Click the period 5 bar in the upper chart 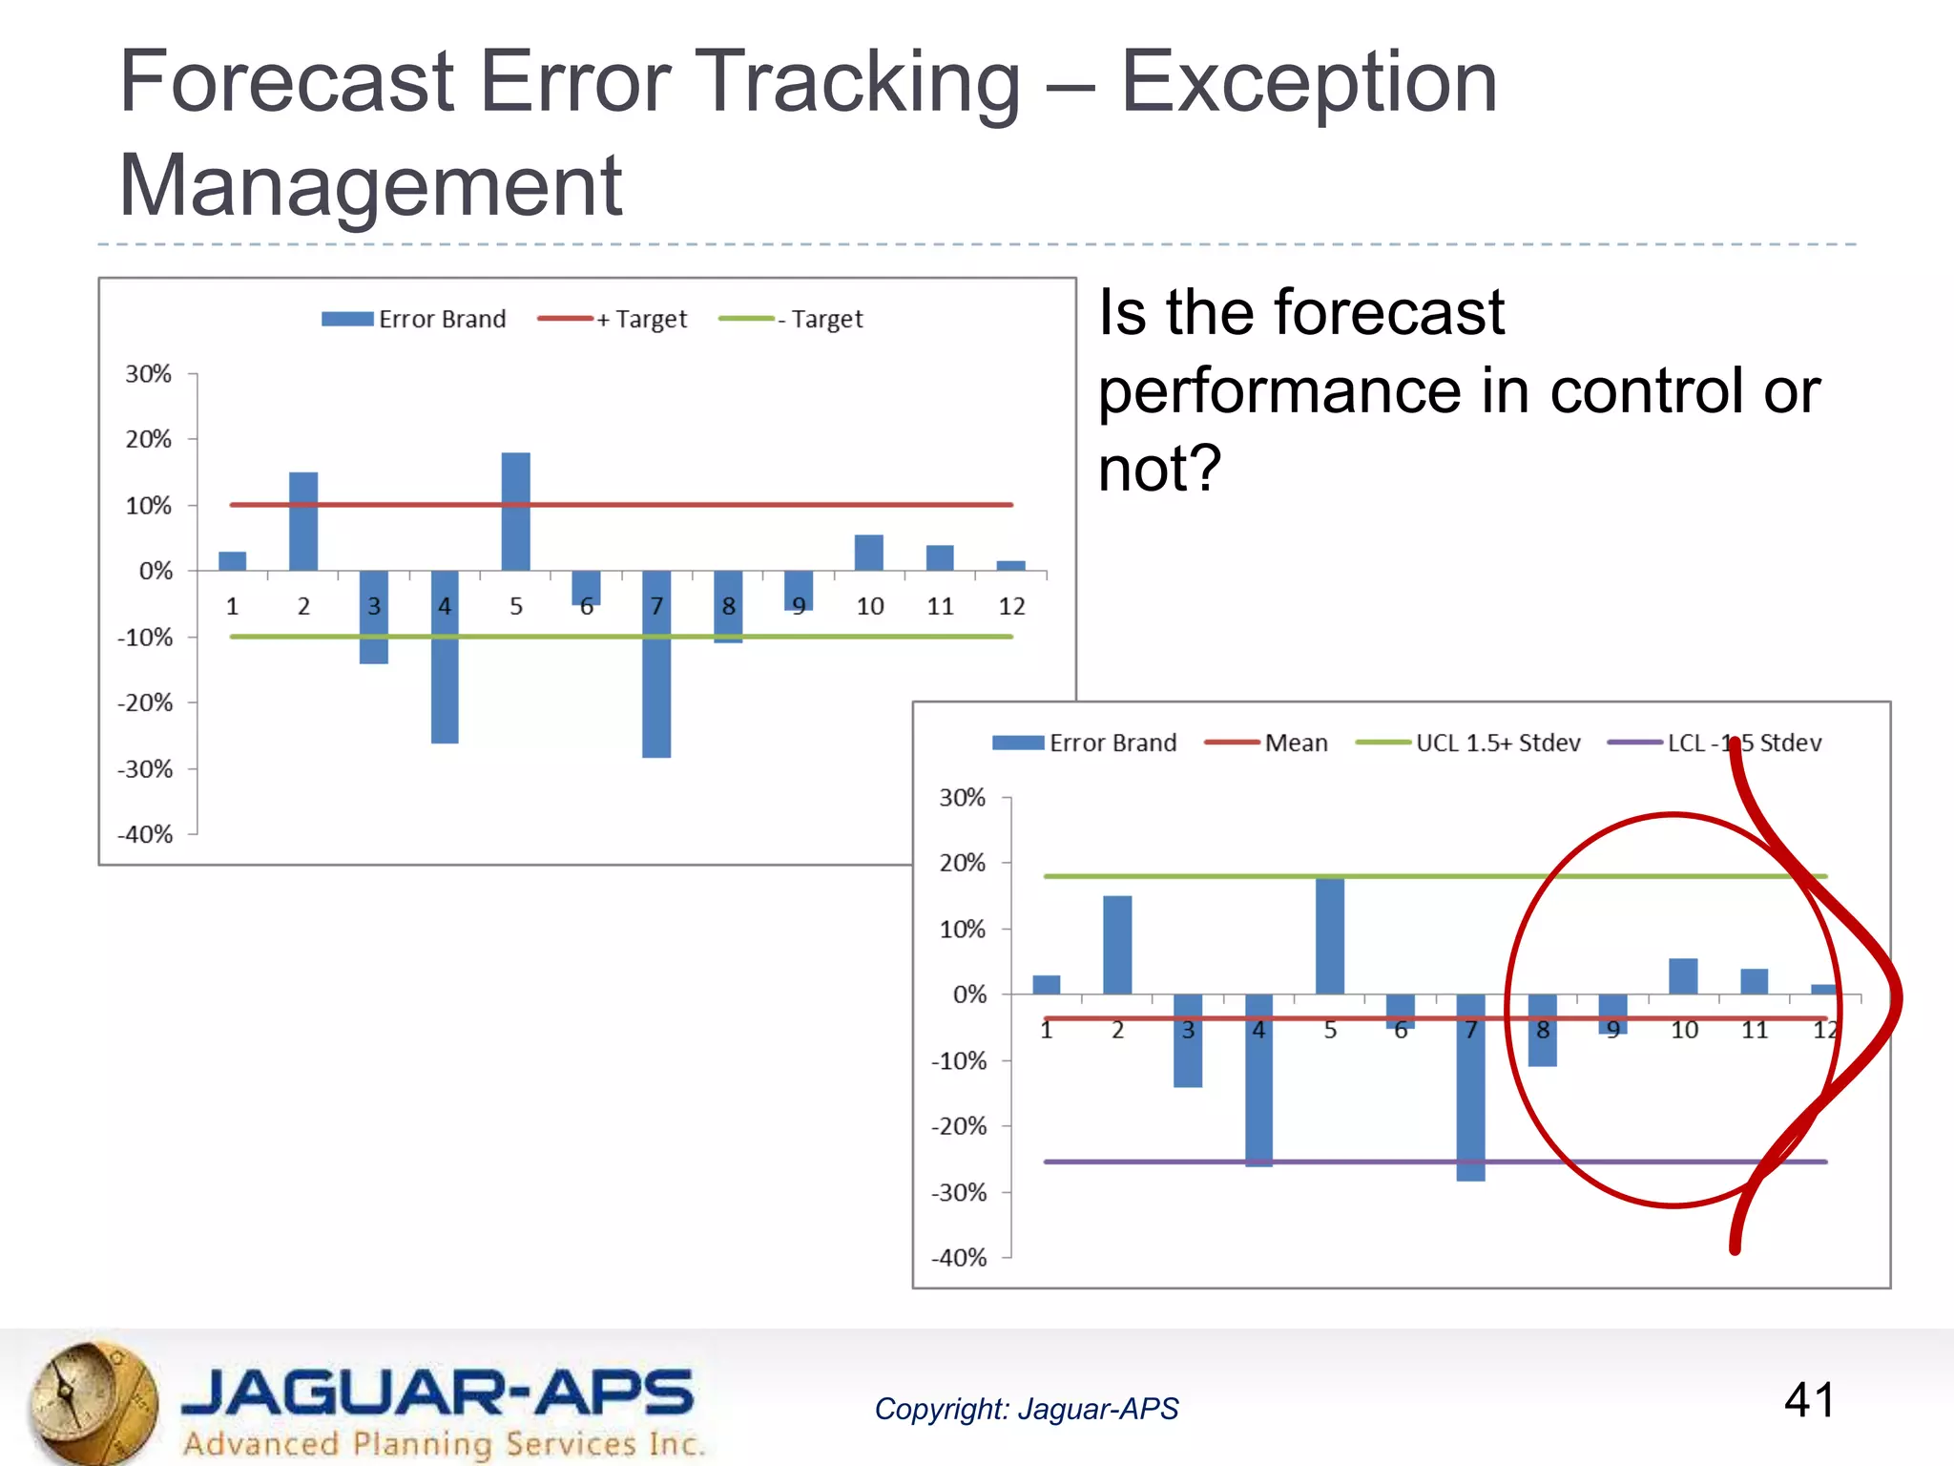pos(515,512)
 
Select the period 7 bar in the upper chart pos(656,664)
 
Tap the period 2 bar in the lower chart pos(1117,944)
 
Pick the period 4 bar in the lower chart pos(1258,1079)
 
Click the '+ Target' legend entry pos(613,319)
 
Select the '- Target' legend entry pos(791,319)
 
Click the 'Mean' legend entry pos(1267,743)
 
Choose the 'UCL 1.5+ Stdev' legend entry pos(1469,743)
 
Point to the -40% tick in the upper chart pos(146,834)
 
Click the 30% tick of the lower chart pos(962,797)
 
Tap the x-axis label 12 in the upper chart pos(1011,606)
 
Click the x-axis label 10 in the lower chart pos(1684,1030)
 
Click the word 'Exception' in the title pos(1308,82)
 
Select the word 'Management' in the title pos(370,185)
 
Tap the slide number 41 pos(1810,1400)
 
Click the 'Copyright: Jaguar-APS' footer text pos(1027,1409)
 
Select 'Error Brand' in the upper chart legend pos(414,319)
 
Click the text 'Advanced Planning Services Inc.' pos(444,1443)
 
